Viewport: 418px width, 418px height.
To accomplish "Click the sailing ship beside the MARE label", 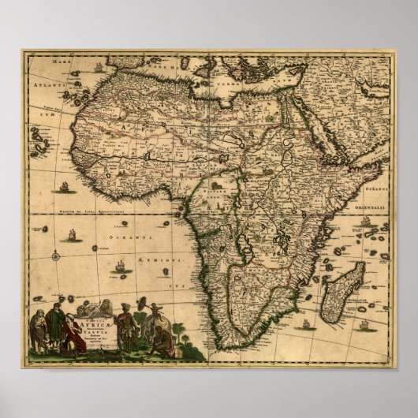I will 98,67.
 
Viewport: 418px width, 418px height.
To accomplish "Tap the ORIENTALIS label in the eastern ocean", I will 377,200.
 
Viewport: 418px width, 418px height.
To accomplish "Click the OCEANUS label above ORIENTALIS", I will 378,187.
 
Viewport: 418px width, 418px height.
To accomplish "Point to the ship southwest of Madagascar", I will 305,323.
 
